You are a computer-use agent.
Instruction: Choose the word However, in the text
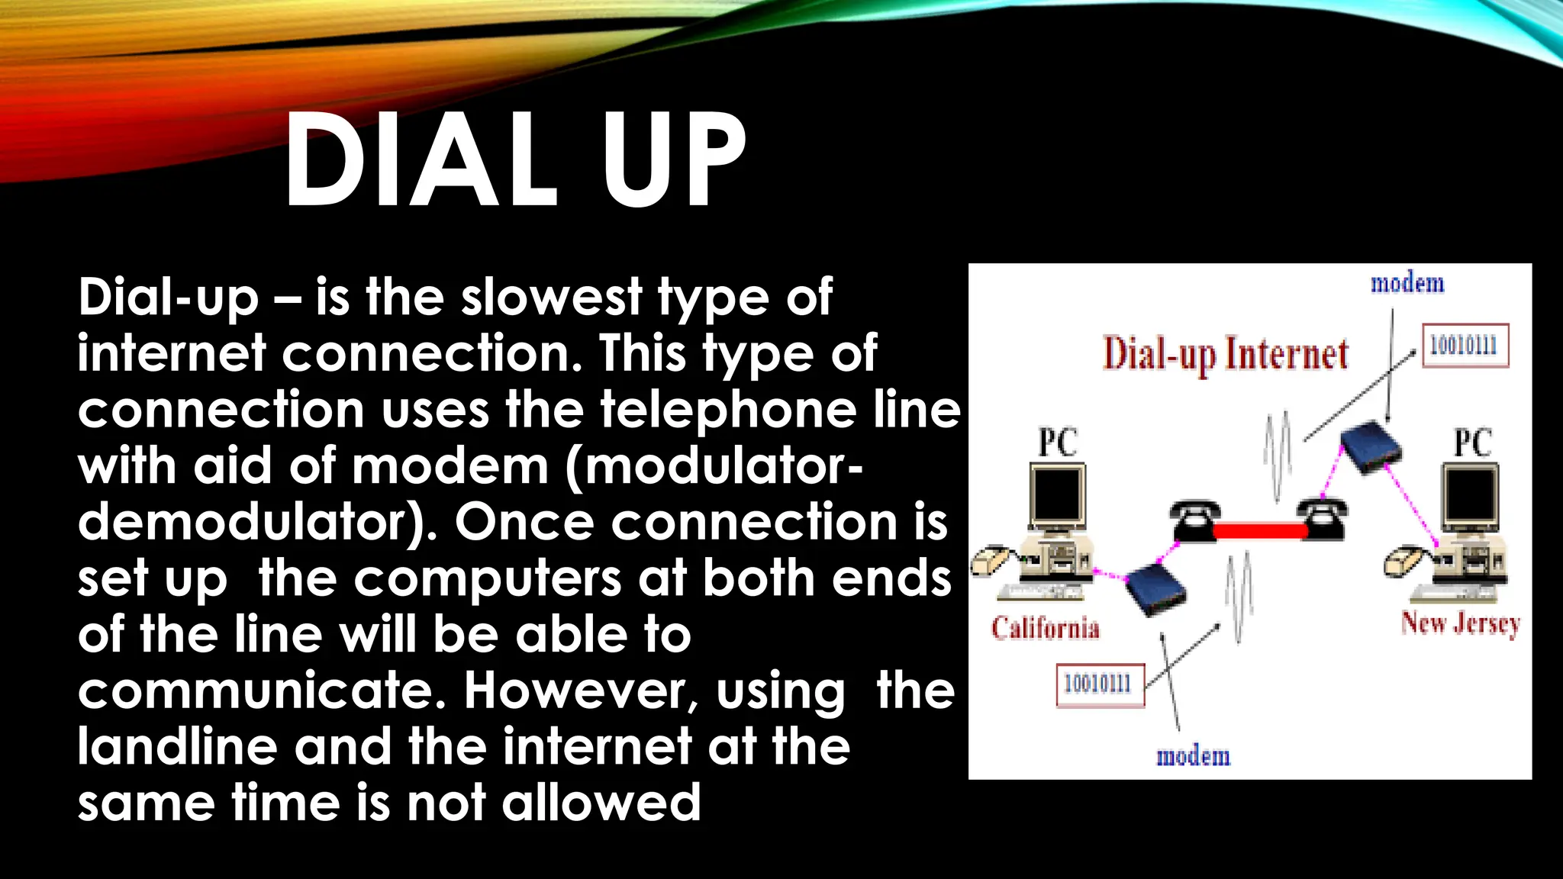click(581, 691)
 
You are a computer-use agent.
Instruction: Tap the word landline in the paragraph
click(177, 747)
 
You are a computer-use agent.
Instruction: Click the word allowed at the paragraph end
click(601, 803)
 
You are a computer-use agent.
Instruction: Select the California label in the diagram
click(1046, 628)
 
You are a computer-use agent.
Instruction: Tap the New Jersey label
click(1460, 624)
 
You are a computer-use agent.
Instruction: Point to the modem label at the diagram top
click(1407, 284)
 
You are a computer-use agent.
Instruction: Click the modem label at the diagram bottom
click(1194, 756)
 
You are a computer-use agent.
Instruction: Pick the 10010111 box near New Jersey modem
click(1464, 346)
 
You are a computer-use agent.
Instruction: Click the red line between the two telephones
click(1260, 530)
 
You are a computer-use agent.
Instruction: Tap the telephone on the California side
click(1194, 520)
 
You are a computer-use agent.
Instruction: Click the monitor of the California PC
click(1057, 494)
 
